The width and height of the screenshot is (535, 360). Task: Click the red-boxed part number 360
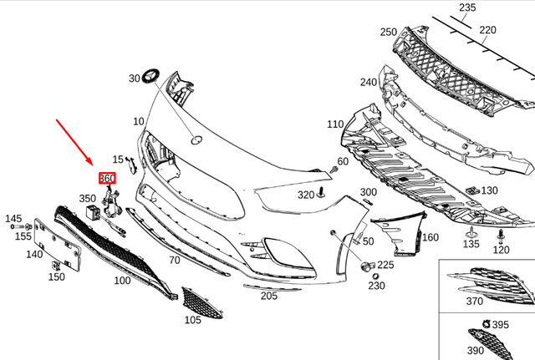[x=107, y=178]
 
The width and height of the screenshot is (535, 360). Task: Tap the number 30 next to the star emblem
[x=135, y=79]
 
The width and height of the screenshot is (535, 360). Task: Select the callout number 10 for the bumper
[x=138, y=122]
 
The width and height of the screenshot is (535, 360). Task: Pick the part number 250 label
[x=389, y=32]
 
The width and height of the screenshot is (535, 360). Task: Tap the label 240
[x=369, y=82]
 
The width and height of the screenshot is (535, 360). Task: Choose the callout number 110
[x=335, y=124]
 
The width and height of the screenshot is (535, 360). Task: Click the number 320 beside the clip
[x=305, y=195]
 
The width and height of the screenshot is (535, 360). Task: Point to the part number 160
[x=430, y=237]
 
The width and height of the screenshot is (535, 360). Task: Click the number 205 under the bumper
[x=268, y=295]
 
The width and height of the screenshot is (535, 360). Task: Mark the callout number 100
[x=122, y=281]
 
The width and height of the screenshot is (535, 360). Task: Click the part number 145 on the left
[x=13, y=219]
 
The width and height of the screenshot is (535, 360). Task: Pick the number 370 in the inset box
[x=474, y=301]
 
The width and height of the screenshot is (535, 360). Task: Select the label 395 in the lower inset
[x=501, y=324]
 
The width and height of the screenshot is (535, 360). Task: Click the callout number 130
[x=488, y=190]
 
